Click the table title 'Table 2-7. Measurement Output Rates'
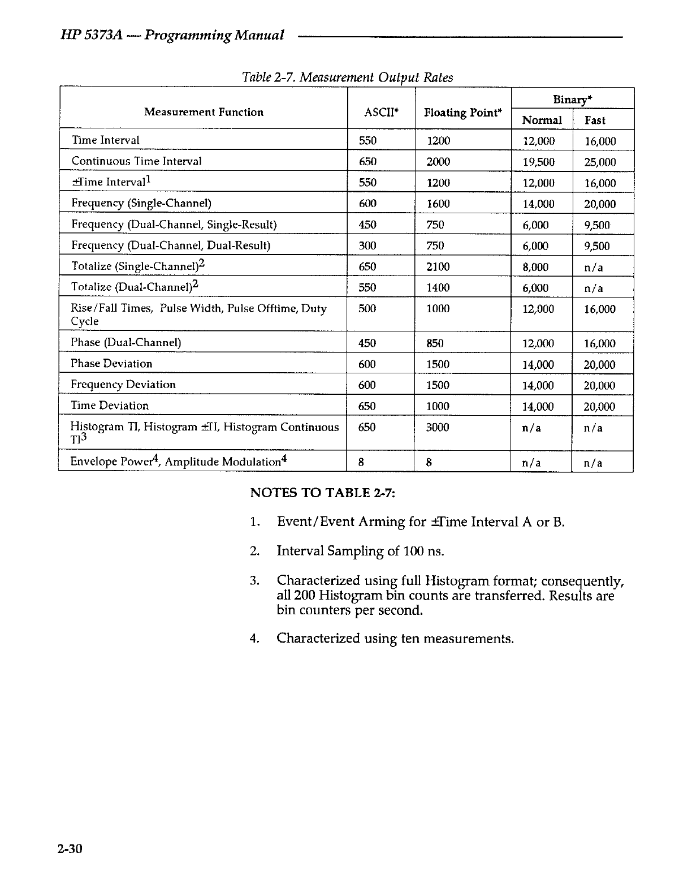[x=347, y=77]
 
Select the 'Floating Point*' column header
[x=463, y=113]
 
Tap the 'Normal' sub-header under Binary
[x=542, y=120]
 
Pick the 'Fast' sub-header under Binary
[x=595, y=120]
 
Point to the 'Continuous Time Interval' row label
[x=136, y=161]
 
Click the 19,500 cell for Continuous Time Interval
[x=538, y=162]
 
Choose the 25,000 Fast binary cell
[x=600, y=162]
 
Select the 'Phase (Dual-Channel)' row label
[x=126, y=343]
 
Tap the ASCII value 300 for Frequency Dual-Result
[x=367, y=245]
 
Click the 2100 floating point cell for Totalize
[x=438, y=266]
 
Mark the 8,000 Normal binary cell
[x=535, y=267]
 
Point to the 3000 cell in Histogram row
[x=438, y=428]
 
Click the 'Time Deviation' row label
[x=110, y=406]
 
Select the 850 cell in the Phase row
[x=435, y=343]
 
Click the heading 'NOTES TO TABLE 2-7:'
[x=322, y=492]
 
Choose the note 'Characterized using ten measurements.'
[x=395, y=639]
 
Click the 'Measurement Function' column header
[x=204, y=112]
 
